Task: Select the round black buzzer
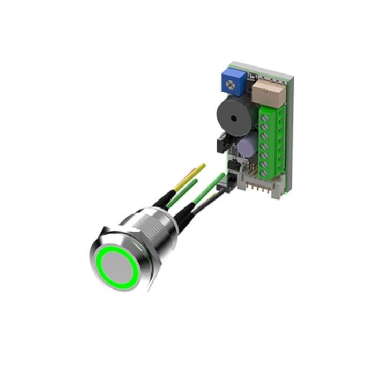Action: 232,117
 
